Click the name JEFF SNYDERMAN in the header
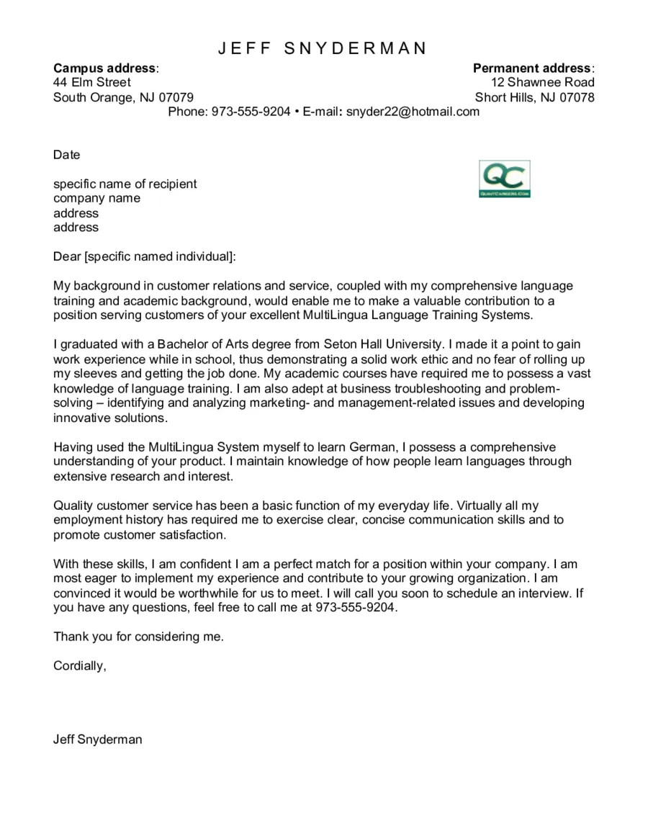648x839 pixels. tap(323, 48)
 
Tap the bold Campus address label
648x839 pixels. tap(104, 68)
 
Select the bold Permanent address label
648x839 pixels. tap(532, 68)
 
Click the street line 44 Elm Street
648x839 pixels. tap(91, 83)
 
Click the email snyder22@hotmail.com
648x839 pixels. tap(413, 112)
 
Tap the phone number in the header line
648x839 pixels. tap(251, 112)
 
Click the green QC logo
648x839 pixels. tap(504, 179)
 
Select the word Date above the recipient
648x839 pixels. tap(66, 155)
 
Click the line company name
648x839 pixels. tap(96, 198)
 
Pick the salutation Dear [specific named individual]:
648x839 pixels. tap(144, 256)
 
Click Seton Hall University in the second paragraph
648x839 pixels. tap(383, 345)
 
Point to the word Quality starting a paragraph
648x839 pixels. tap(73, 506)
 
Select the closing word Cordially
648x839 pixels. tap(78, 666)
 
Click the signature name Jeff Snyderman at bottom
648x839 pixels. tap(97, 740)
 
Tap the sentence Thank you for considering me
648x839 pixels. tap(138, 637)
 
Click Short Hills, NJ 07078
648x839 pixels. tap(534, 97)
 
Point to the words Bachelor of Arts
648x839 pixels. tap(201, 345)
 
